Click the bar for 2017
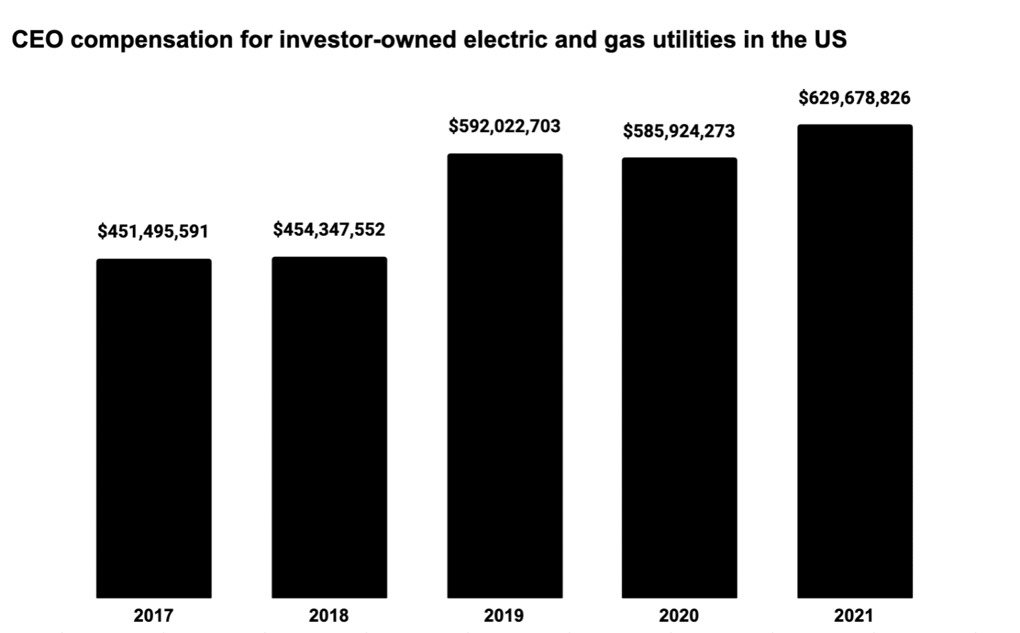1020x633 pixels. click(153, 428)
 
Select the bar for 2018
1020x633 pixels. click(329, 427)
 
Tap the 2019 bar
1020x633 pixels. click(505, 376)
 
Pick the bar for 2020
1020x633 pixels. click(679, 378)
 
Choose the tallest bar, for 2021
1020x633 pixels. click(855, 361)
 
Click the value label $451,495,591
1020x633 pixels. click(153, 232)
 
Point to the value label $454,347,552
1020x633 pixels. click(329, 230)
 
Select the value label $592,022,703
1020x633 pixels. click(505, 126)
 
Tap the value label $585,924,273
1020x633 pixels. click(679, 132)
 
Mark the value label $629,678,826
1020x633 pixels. click(855, 98)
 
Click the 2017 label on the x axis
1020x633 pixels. click(153, 616)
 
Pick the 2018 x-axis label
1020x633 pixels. click(329, 616)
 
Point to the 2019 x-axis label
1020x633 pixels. click(503, 616)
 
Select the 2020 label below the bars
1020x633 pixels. click(679, 616)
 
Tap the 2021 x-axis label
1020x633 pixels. click(854, 616)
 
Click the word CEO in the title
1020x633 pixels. click(39, 40)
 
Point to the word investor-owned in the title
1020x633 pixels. click(367, 40)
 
